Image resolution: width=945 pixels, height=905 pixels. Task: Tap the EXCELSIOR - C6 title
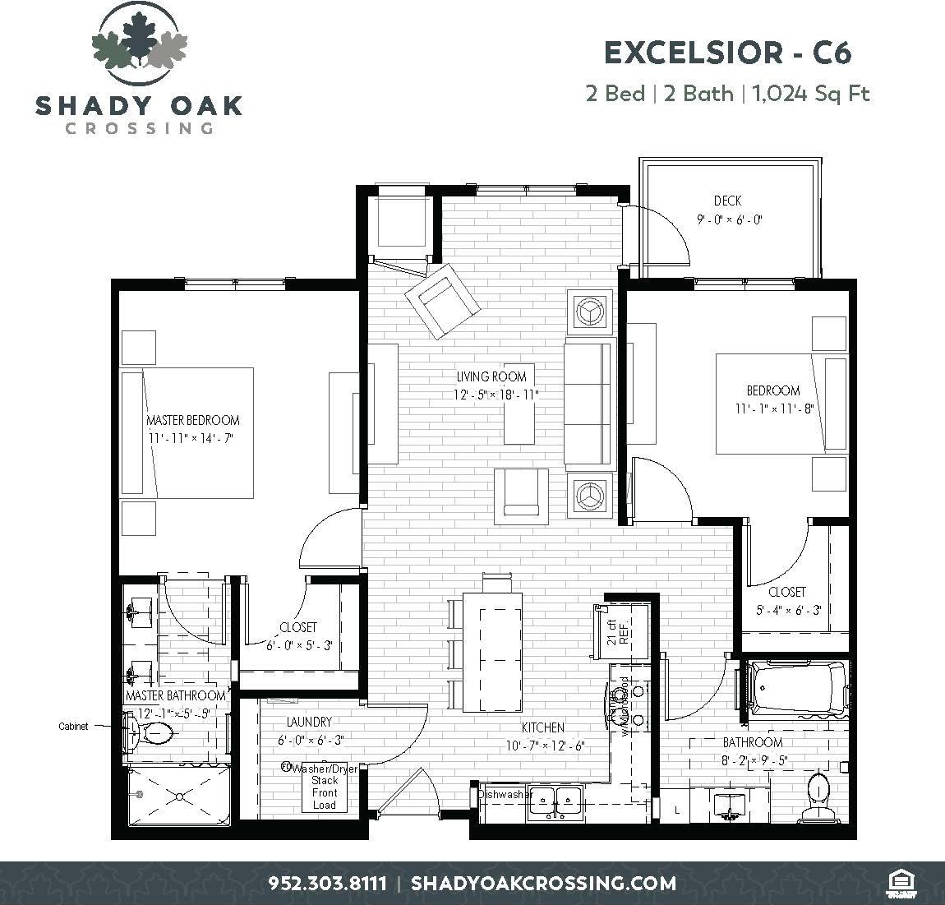pos(728,53)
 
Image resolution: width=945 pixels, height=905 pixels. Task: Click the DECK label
pos(727,201)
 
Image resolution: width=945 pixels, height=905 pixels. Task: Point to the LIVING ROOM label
pos(496,376)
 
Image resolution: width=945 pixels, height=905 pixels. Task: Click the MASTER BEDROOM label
pos(193,420)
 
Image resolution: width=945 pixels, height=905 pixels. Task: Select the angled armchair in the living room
pos(441,299)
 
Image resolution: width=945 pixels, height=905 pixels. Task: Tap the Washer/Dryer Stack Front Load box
pos(324,787)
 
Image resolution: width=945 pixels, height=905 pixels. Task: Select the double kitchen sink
pos(555,801)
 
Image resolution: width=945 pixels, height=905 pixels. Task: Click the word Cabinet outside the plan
pos(73,727)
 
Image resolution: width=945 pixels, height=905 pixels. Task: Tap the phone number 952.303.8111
pos(327,884)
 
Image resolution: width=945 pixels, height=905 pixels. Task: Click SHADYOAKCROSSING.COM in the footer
pos(543,884)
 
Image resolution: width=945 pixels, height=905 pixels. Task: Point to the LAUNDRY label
pos(309,722)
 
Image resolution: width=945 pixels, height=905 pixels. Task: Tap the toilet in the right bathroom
pos(818,794)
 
